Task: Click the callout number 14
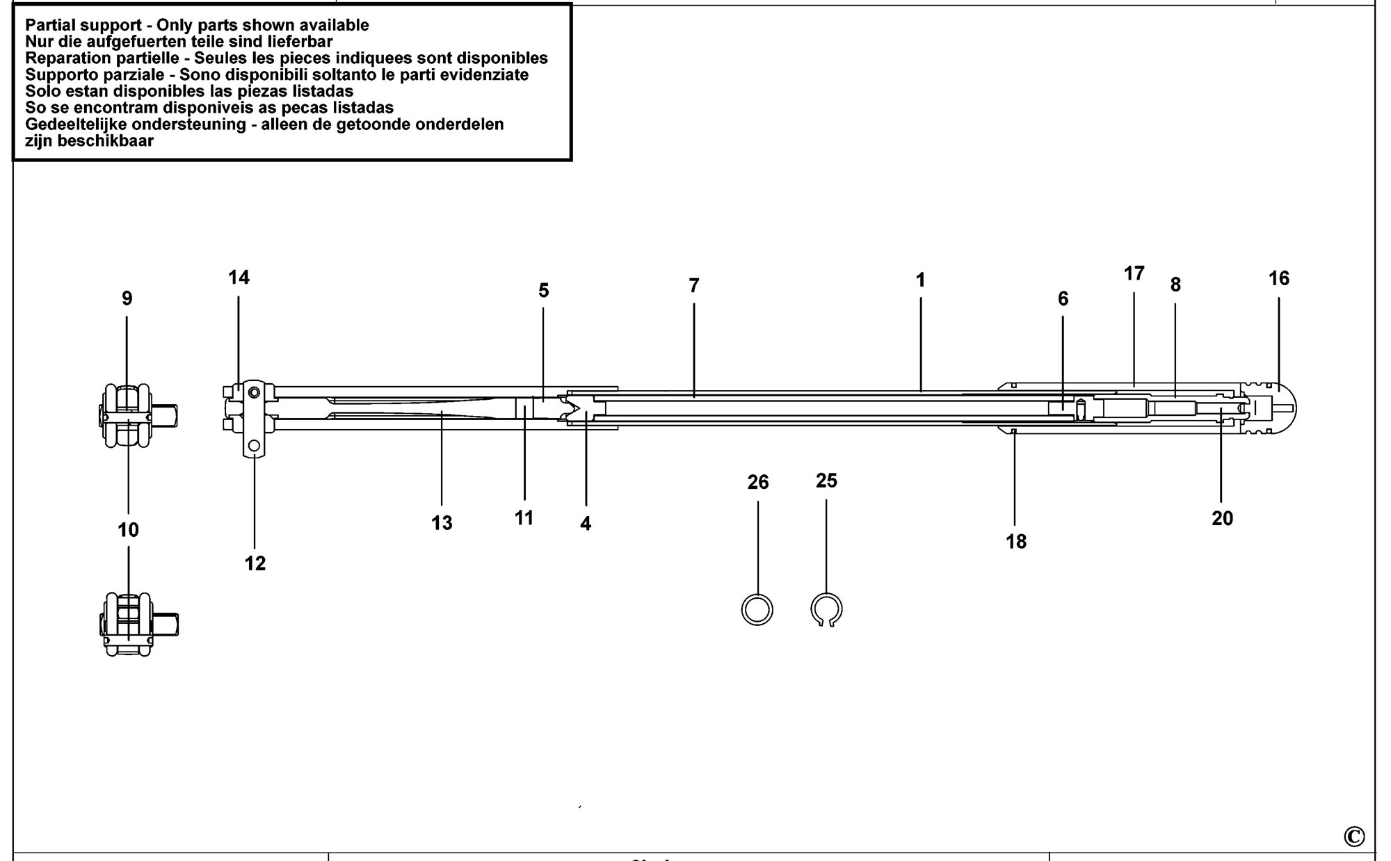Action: [x=239, y=277]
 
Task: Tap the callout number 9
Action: [x=127, y=298]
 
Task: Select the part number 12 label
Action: [x=255, y=563]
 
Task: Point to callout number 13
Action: [x=442, y=523]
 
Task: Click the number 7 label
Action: [x=693, y=286]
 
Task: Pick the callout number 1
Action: [x=920, y=280]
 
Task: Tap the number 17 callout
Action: [x=1134, y=274]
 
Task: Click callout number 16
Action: [x=1278, y=279]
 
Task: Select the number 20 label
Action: [x=1222, y=518]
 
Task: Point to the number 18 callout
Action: [x=1016, y=542]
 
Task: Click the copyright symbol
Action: [x=1354, y=836]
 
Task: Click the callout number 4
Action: [x=586, y=524]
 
